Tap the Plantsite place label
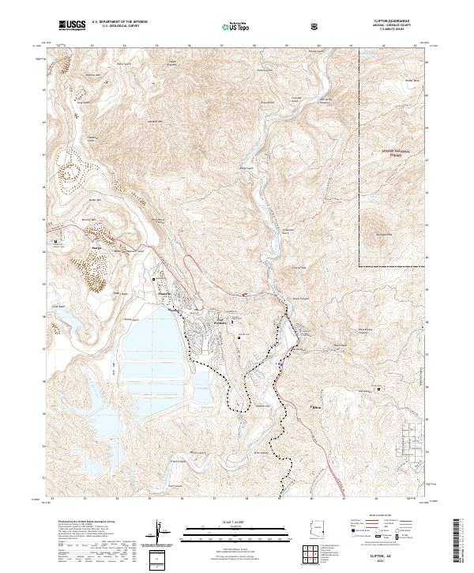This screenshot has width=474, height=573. tap(221, 322)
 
